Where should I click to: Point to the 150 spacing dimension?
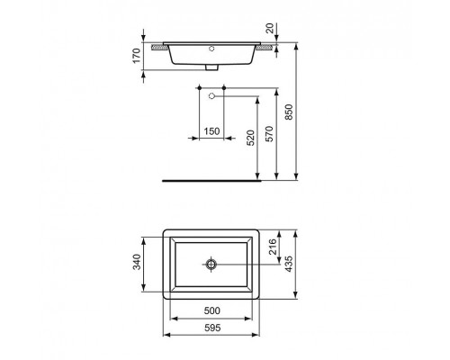coord(211,131)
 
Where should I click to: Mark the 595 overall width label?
coord(211,329)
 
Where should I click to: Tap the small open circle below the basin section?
coord(211,95)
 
